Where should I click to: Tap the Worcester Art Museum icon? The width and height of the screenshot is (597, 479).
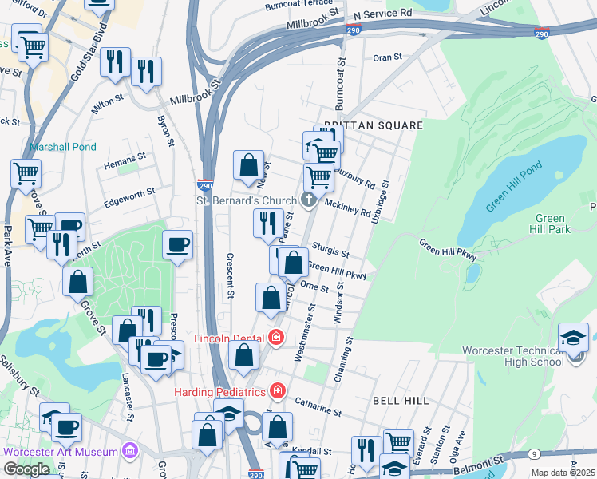click(x=128, y=452)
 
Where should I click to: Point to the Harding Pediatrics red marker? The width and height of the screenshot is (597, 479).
click(x=277, y=391)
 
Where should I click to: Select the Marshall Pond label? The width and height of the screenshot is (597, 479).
click(x=62, y=147)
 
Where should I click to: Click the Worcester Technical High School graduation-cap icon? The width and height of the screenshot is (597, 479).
click(x=573, y=336)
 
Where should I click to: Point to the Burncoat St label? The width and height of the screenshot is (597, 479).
click(x=341, y=88)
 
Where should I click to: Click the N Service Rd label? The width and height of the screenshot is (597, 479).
click(x=382, y=14)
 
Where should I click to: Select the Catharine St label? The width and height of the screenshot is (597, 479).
click(x=318, y=407)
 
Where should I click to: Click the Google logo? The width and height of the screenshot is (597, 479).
click(x=26, y=469)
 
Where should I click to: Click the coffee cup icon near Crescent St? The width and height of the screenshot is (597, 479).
click(x=177, y=244)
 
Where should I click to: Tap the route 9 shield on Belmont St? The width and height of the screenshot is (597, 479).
click(x=533, y=454)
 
